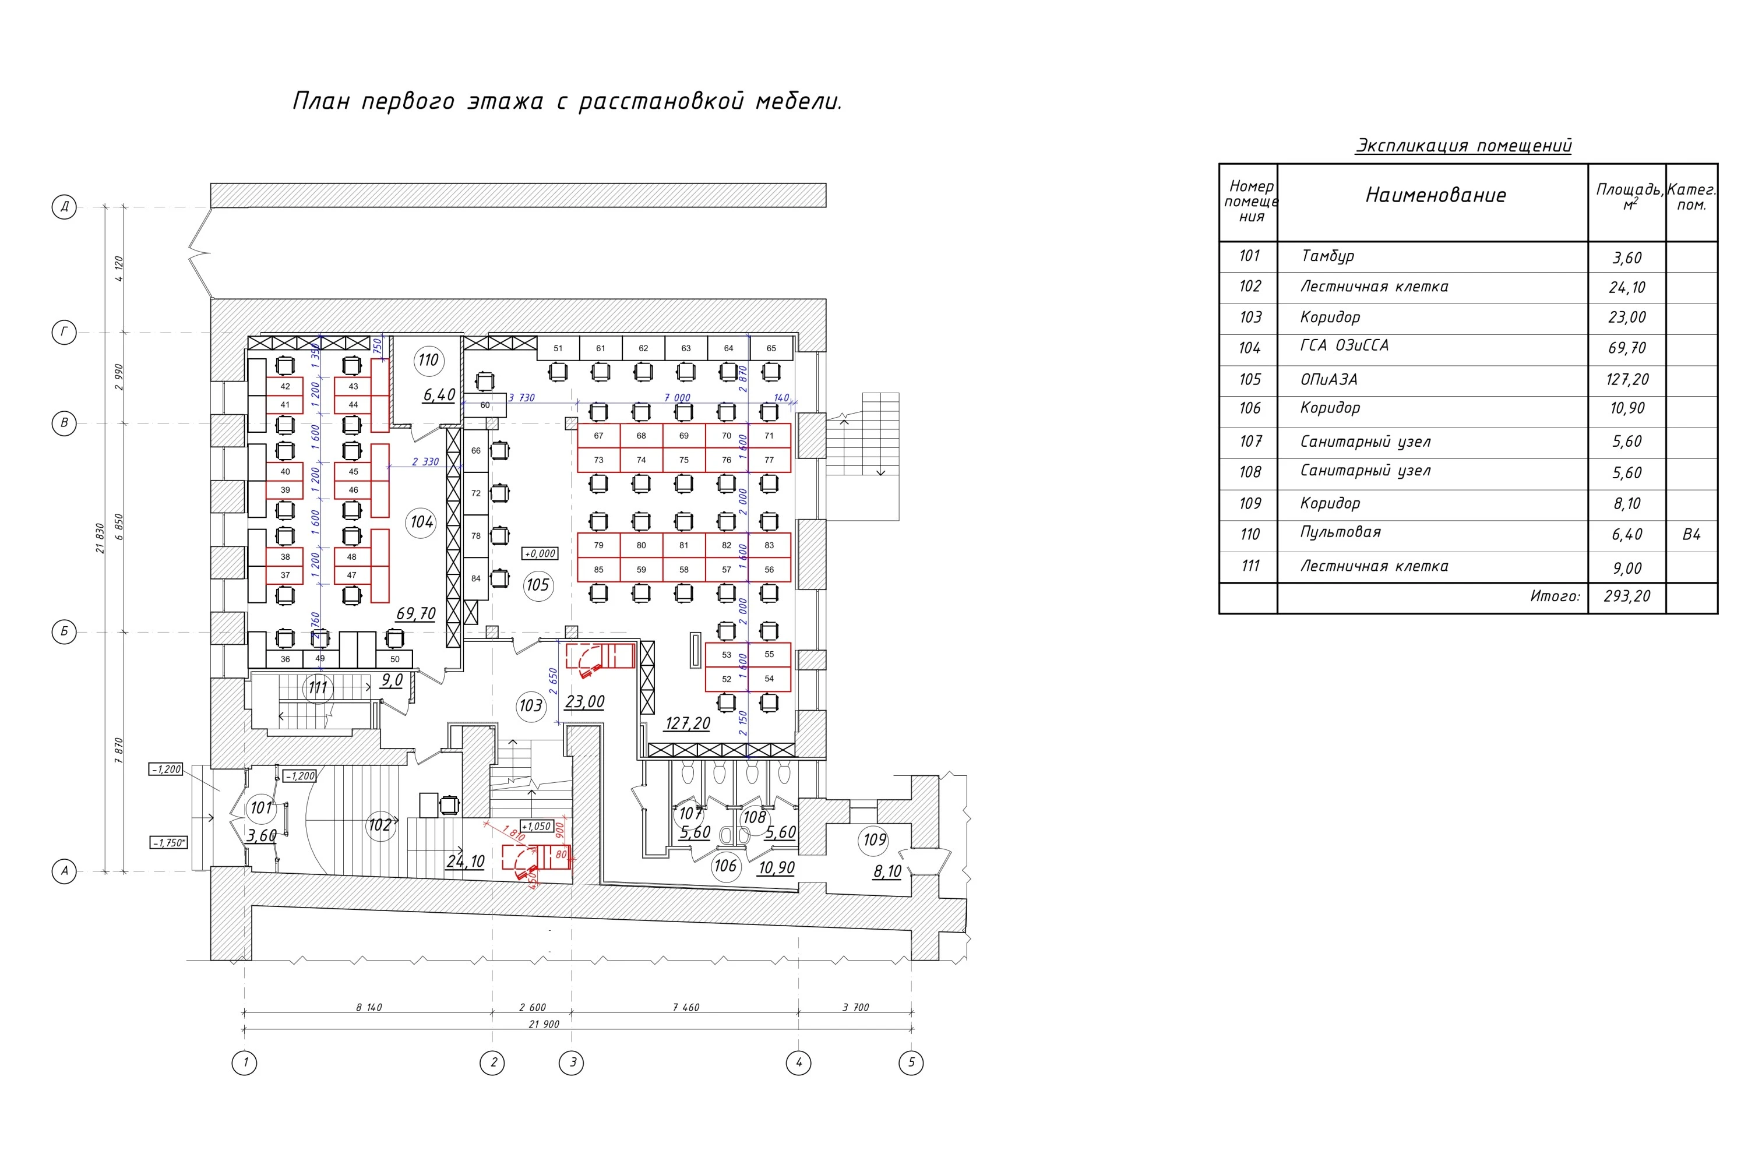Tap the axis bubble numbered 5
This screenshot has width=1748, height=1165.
click(x=911, y=1062)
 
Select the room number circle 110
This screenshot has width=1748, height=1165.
click(x=428, y=361)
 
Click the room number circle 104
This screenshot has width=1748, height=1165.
click(x=421, y=523)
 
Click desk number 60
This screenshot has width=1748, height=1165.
click(x=485, y=405)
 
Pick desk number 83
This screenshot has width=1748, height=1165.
click(x=769, y=545)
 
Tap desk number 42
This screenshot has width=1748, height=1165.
click(x=285, y=386)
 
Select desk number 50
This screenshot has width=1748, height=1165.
click(x=394, y=659)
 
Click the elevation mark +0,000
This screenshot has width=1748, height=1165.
click(x=540, y=553)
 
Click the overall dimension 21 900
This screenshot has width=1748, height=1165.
click(x=544, y=1024)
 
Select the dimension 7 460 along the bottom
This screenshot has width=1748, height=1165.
click(x=685, y=1008)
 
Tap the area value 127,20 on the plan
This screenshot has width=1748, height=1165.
click(x=688, y=723)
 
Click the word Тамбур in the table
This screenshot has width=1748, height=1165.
click(x=1327, y=256)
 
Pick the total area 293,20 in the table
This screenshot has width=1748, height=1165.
click(x=1627, y=596)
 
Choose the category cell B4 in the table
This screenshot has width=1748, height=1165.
click(x=1691, y=535)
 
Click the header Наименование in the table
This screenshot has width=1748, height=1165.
click(x=1435, y=195)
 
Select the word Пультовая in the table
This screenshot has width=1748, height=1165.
click(x=1340, y=532)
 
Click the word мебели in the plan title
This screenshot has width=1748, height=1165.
click(x=799, y=101)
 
